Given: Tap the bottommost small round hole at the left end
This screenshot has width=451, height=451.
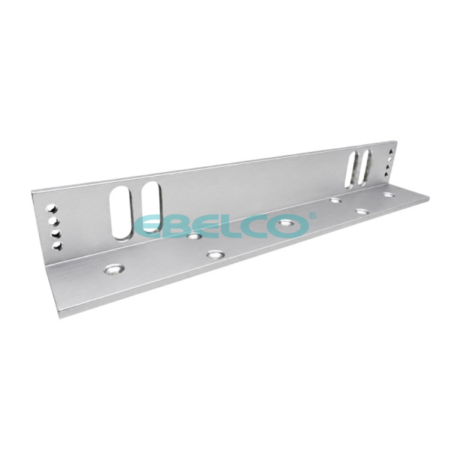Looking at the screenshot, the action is point(58,246).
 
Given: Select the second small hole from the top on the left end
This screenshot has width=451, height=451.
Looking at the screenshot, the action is point(54,221).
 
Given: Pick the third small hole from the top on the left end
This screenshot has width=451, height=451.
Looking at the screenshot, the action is point(56,234).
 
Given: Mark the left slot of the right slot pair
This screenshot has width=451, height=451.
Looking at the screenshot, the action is point(353,170).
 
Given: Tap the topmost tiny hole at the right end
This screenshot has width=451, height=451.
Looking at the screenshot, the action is point(391,151).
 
